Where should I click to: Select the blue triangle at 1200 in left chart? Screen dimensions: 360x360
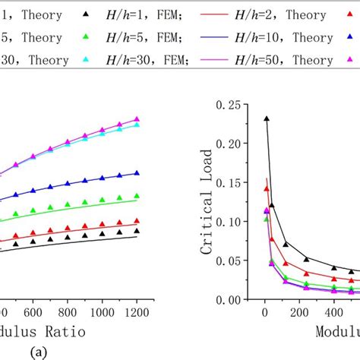click(137, 173)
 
